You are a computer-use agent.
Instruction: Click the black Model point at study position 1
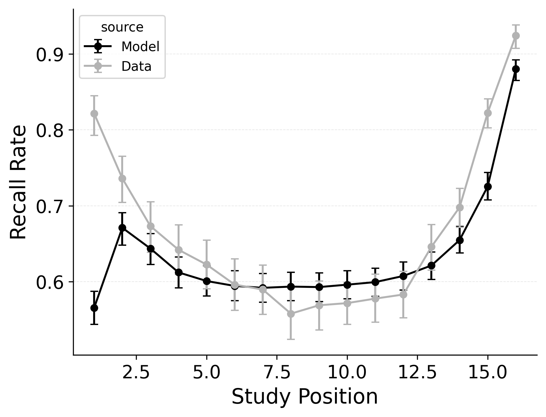tap(94, 308)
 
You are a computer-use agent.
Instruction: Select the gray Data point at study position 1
tap(94, 114)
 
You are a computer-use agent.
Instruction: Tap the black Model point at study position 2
tap(122, 228)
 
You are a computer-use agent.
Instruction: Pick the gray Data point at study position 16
tap(516, 36)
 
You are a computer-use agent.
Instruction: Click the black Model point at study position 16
tap(516, 69)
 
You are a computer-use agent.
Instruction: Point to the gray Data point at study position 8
tap(291, 314)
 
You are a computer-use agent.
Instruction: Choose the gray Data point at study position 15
tap(488, 113)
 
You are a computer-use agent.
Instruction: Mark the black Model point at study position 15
tap(488, 187)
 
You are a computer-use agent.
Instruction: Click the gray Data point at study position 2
tap(122, 178)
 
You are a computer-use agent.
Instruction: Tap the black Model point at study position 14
tap(460, 240)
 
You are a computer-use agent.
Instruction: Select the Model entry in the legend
tap(140, 47)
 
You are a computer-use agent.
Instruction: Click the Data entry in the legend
tap(136, 66)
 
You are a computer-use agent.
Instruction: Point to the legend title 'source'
tap(122, 27)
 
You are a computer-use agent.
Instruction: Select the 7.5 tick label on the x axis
tap(277, 373)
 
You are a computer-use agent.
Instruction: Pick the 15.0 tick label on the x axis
tap(488, 373)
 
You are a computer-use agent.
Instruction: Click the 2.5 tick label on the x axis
tap(136, 373)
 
